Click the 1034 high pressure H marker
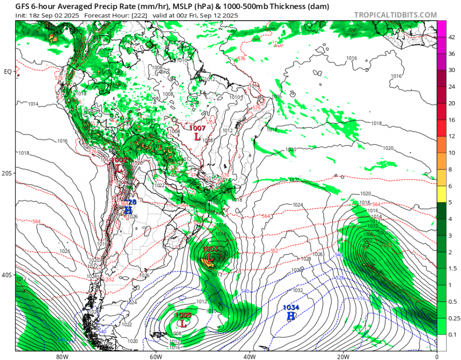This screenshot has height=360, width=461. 291,316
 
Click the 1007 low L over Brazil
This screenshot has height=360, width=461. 197,136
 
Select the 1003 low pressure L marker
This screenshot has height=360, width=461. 210,257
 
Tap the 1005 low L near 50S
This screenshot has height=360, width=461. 183,323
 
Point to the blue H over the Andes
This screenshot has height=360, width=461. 128,210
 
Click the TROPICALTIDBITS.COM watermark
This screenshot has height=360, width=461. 395,15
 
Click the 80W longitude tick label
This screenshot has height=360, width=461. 61,357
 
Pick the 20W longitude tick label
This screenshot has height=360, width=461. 342,357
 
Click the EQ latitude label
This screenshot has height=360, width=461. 8,72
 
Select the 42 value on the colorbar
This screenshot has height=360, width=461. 451,37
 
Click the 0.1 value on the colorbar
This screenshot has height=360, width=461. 451,334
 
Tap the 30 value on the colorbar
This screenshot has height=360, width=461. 451,70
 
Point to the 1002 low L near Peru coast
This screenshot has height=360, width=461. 119,168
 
